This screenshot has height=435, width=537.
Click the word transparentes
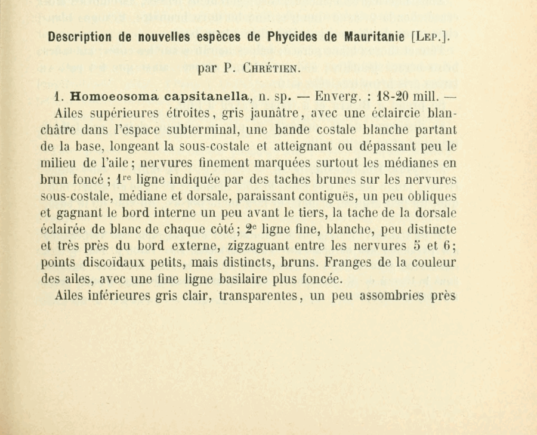click(260, 295)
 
